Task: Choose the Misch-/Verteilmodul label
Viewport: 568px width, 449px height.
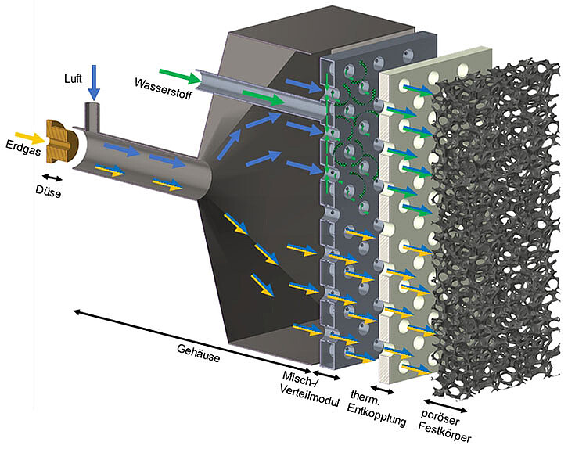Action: pos(304,388)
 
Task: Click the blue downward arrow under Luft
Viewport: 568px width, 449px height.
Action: pos(93,83)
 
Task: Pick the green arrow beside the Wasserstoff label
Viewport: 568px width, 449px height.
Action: pos(180,74)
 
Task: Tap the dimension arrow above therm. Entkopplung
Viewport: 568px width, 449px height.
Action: pos(382,388)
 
